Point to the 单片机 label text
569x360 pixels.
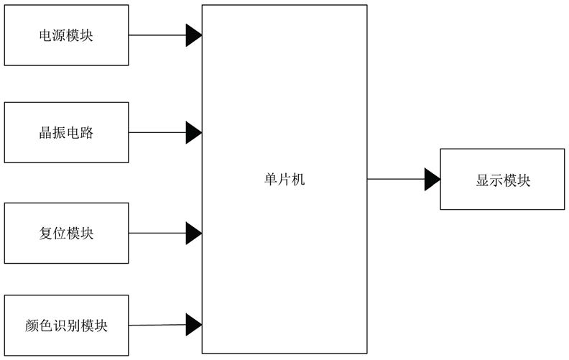pos(284,179)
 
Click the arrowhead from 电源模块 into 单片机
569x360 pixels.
pos(194,35)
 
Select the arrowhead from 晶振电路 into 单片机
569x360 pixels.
pos(194,132)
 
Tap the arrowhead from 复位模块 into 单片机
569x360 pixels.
pos(194,233)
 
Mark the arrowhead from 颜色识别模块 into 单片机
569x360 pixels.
pos(194,325)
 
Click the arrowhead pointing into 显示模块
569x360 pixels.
pos(432,179)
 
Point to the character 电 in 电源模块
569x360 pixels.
pos(46,35)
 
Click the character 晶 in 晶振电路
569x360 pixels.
pos(46,133)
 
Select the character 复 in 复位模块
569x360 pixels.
pos(46,234)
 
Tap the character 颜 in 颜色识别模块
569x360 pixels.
pos(32,326)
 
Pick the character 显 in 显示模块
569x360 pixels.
pos(483,180)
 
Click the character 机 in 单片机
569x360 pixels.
pos(298,179)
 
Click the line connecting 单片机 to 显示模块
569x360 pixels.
pos(396,179)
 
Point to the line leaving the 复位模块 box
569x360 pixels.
pos(157,233)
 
